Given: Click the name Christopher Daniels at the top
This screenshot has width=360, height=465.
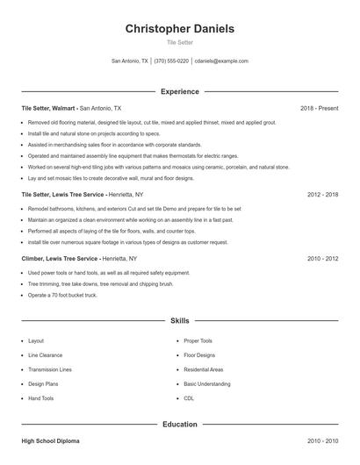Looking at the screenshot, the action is coord(180,29).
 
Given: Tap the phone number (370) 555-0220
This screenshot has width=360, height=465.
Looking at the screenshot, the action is coord(171,61).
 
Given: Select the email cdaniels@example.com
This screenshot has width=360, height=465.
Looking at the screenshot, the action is coord(221,61).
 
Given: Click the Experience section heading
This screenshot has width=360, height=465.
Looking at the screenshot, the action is coord(180,91).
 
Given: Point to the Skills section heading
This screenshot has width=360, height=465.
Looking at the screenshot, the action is coord(180,321).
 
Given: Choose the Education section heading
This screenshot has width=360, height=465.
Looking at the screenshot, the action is coord(180,425).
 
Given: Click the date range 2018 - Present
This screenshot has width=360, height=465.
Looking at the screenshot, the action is coord(319,108).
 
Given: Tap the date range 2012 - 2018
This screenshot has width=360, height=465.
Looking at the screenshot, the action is coord(322,194).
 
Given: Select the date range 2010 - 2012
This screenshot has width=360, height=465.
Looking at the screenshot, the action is coord(322,260).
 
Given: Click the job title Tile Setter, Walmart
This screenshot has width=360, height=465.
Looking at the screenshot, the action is coord(48,108).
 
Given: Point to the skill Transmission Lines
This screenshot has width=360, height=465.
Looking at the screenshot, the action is coord(49,369).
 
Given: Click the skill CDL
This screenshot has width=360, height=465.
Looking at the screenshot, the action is coord(189,398).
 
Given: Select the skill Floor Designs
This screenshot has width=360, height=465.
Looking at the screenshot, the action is coord(199,355).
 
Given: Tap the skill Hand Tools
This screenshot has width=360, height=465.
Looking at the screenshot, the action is coord(40,398).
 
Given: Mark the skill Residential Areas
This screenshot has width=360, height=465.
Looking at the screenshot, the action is coord(204,369).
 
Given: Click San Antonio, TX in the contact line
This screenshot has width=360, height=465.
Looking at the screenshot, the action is coord(130,61).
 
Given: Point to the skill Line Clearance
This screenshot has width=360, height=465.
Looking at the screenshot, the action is coord(45,355).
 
